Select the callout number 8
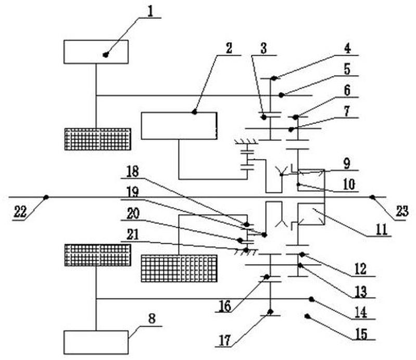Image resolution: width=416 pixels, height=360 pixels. coord(152,319)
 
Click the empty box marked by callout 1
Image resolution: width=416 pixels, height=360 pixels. coord(96,52)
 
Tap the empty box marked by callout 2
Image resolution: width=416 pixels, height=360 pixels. coord(179,126)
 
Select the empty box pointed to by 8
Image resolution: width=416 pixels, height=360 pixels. coord(96,342)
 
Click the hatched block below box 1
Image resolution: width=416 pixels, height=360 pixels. coord(97,139)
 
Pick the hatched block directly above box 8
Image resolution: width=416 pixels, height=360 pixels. coord(97,255)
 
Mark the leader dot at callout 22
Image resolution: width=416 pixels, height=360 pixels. coord(46,197)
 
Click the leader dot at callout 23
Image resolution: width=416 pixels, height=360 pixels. coord(372,197)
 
